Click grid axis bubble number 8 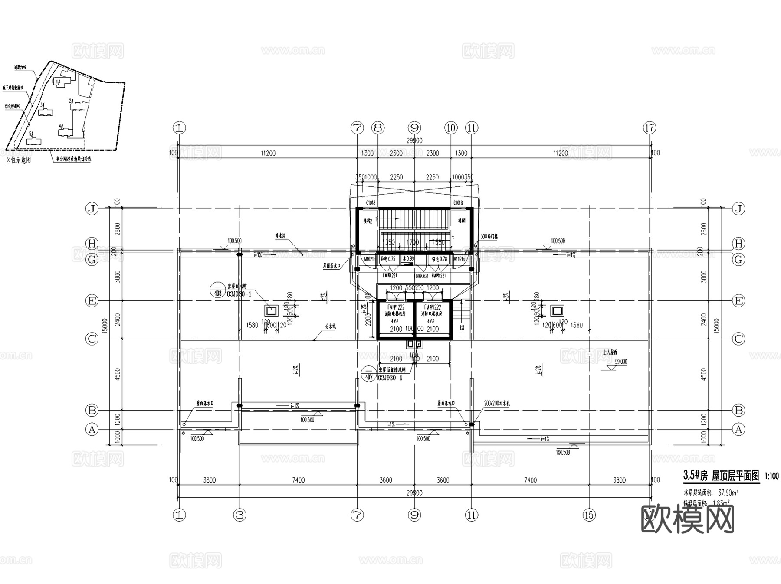click(378, 128)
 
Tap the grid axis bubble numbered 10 click(451, 128)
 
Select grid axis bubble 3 click(240, 515)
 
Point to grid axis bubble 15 click(589, 515)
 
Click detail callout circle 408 click(217, 289)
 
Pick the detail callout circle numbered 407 click(369, 374)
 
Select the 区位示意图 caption click(19, 160)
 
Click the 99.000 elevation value click(620, 362)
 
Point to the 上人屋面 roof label click(610, 352)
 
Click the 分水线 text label click(331, 326)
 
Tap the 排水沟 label click(280, 236)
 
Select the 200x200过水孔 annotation click(497, 403)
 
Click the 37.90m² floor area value click(728, 493)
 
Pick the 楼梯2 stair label click(366, 221)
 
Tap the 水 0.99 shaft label click(408, 259)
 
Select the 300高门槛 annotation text click(489, 236)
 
